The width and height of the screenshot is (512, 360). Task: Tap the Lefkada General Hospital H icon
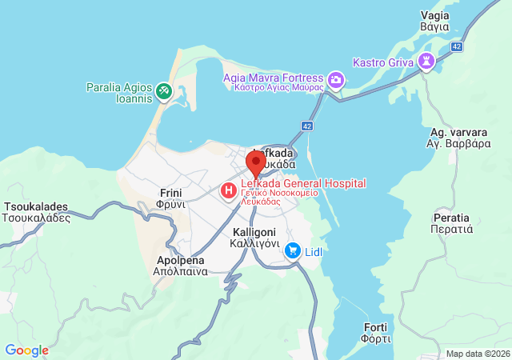pos(229,190)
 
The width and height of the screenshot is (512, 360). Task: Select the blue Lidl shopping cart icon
pos(293,251)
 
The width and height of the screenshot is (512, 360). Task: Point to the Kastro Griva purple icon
pos(427,60)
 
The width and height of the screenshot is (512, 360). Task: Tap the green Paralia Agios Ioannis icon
pos(163,92)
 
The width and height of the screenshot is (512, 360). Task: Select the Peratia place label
pos(453,223)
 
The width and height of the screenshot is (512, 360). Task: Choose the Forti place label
pos(376,333)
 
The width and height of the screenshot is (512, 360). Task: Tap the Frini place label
pos(172,198)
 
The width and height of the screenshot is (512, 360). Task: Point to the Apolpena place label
pos(179,266)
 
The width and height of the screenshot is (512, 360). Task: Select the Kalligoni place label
pos(254,238)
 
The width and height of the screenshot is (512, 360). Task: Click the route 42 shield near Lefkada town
pos(308,126)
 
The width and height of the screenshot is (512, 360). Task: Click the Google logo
pos(27,350)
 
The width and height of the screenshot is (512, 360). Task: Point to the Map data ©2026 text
pos(477,354)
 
